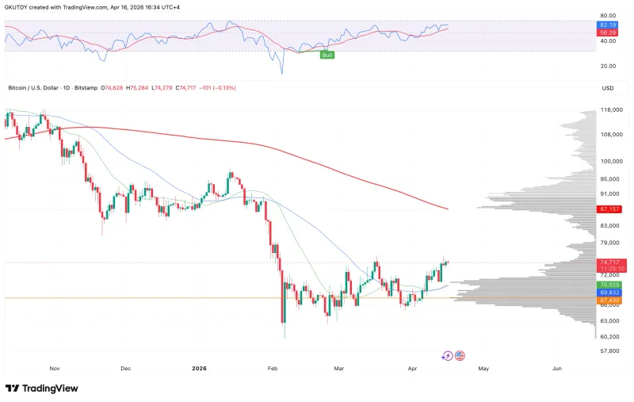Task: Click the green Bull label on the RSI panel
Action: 326,54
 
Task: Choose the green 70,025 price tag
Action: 611,285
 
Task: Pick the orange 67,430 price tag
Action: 611,301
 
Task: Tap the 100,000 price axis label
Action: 611,161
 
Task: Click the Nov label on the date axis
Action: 55,368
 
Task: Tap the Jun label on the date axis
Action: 557,368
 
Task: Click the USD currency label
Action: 608,87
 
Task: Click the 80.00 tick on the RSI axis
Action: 609,16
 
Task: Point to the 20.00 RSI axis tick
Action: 609,66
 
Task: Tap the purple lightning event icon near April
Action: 447,356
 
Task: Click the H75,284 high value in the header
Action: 140,87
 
